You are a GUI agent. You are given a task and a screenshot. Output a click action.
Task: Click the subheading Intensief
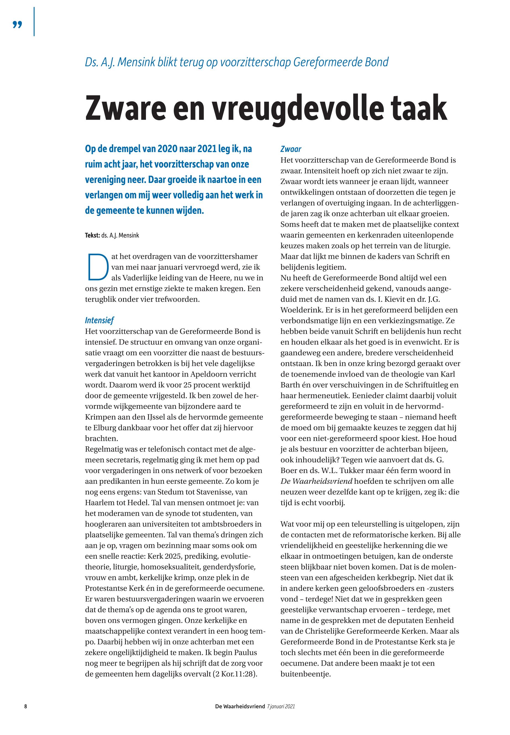(x=99, y=320)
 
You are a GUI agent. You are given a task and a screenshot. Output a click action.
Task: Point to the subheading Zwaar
(x=291, y=149)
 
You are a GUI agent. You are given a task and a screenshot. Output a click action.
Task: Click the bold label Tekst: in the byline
(x=92, y=235)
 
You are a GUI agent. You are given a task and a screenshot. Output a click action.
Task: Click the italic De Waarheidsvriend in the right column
(x=316, y=481)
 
